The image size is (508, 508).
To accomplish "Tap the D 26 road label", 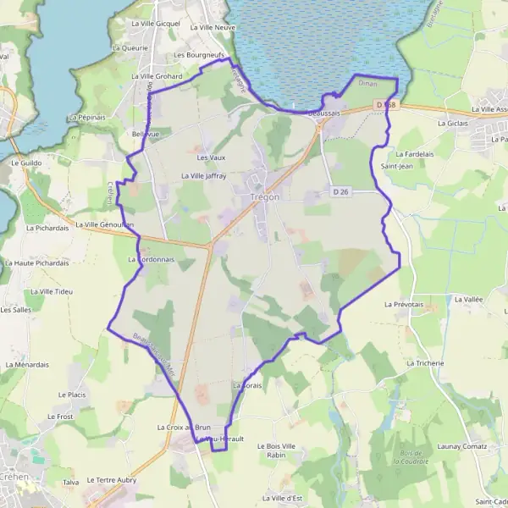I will tap(341, 192).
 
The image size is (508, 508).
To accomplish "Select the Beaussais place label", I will tap(324, 113).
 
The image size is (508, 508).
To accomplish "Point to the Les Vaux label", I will tap(211, 157).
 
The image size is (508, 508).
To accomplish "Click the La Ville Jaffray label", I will tap(204, 175).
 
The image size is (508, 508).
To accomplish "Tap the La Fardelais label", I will tap(412, 155).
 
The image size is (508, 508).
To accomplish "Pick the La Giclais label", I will tap(452, 123).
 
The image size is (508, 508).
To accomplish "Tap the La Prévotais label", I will tap(403, 303).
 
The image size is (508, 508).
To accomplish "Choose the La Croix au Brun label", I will tap(183, 428).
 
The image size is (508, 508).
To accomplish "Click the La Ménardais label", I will tap(26, 364).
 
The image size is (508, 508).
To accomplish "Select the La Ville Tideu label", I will tap(48, 292).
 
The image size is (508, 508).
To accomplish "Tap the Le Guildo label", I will tap(26, 162).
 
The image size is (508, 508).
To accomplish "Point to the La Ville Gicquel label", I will tap(156, 24).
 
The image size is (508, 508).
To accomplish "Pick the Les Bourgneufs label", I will tap(196, 55).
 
